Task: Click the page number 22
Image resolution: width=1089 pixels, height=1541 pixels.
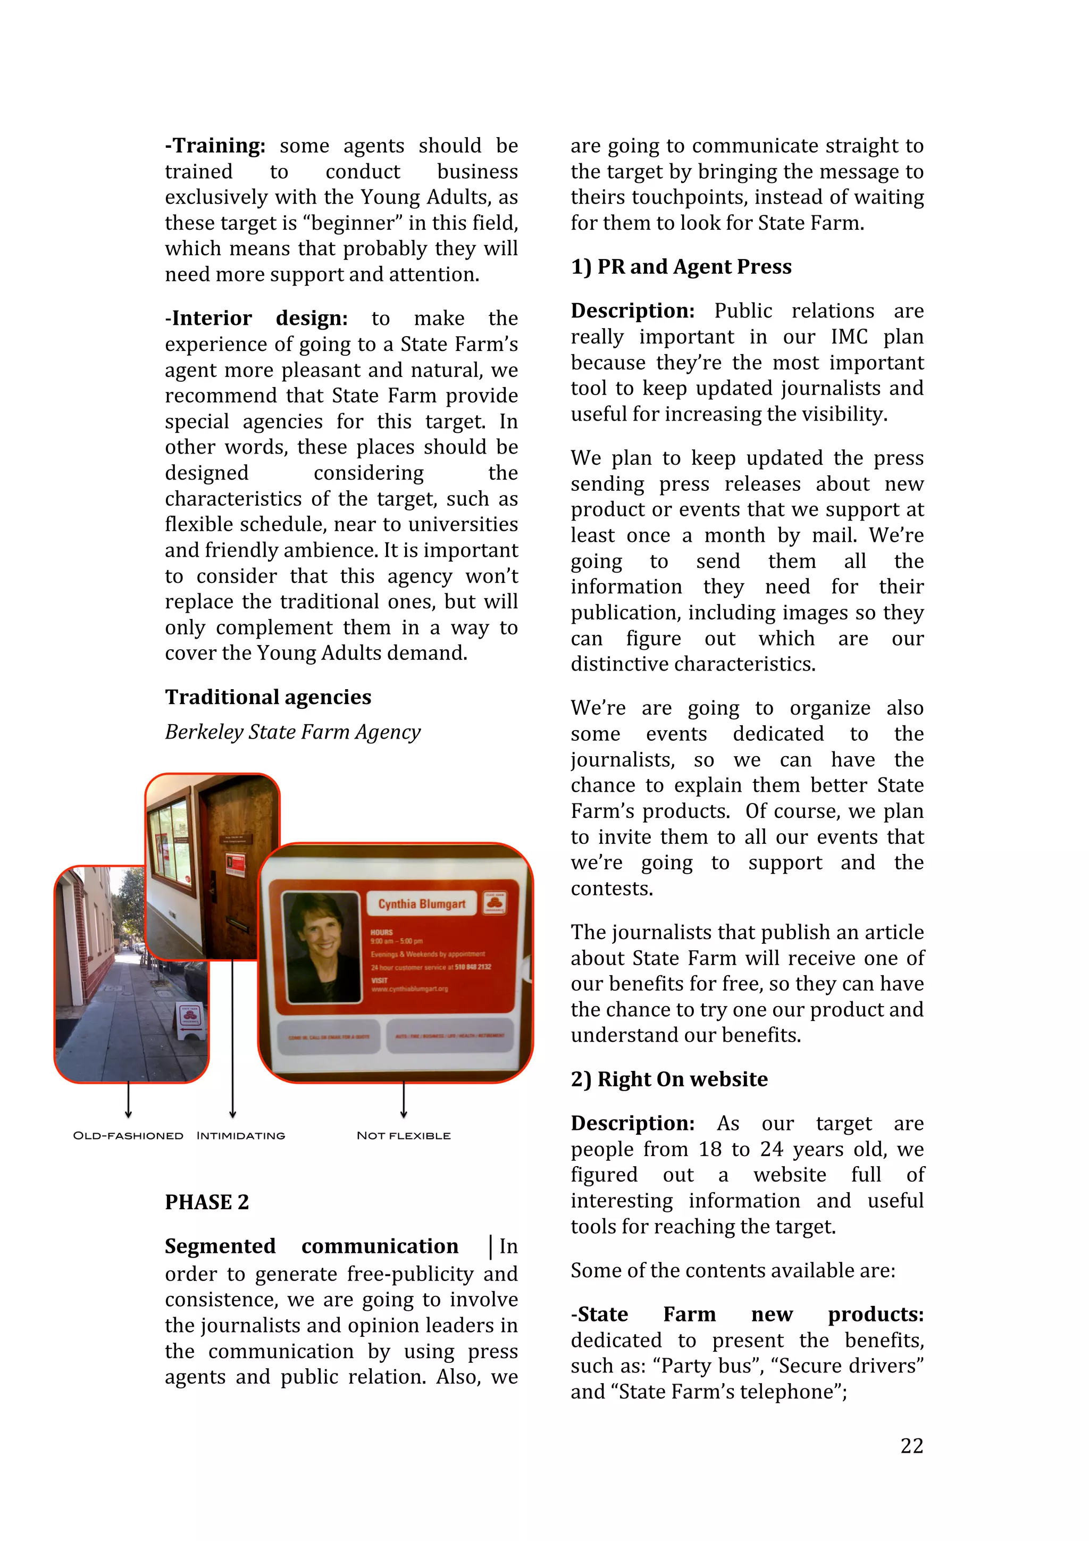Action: point(911,1445)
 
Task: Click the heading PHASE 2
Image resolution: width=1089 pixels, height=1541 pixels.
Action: point(207,1202)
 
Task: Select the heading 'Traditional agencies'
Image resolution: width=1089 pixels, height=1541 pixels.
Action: point(267,697)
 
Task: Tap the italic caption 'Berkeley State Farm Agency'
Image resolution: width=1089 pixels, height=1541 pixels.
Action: point(292,732)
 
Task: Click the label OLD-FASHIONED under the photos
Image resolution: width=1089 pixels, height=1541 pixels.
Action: point(128,1136)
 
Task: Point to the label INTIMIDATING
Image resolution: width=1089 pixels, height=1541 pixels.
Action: point(240,1136)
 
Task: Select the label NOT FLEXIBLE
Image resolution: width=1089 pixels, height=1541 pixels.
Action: point(403,1136)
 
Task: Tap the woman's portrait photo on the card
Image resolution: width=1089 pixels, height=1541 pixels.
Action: point(321,947)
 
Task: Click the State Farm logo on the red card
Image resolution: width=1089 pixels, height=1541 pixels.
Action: point(495,903)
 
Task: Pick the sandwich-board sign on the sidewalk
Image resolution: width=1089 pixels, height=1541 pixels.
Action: point(190,1021)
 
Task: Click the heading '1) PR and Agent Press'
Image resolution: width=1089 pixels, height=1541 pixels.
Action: point(681,266)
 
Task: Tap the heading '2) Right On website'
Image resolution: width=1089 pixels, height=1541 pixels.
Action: point(669,1079)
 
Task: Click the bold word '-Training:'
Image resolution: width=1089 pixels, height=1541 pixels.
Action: point(215,146)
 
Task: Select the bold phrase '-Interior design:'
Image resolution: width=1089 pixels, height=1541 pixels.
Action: point(256,318)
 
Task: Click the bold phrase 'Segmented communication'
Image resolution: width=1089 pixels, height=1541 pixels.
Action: point(312,1246)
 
